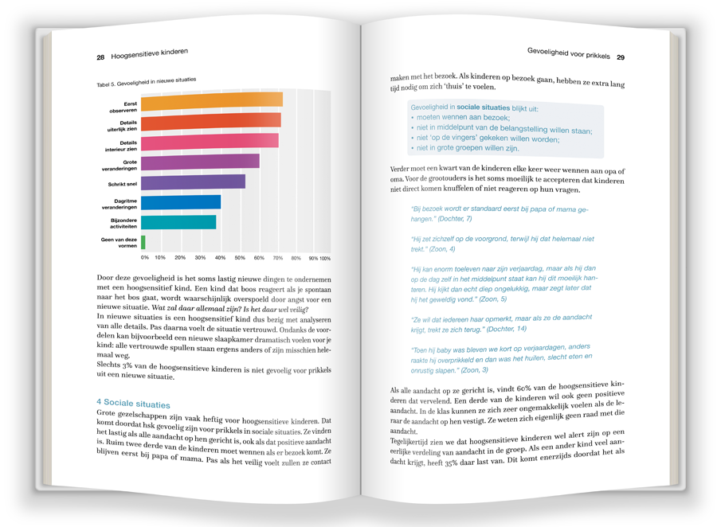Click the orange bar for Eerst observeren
click(x=212, y=101)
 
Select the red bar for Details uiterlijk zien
click(x=211, y=122)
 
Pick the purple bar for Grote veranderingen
click(x=200, y=162)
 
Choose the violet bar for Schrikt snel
click(x=193, y=182)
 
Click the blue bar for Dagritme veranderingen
click(x=181, y=202)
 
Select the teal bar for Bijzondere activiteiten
click(x=178, y=221)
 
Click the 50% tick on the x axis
click(x=241, y=258)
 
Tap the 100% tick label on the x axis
click(x=325, y=259)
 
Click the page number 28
click(x=101, y=57)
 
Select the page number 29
click(x=621, y=57)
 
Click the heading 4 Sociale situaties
click(x=133, y=404)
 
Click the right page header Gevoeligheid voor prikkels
click(x=568, y=53)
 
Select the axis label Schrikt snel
click(x=123, y=184)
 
